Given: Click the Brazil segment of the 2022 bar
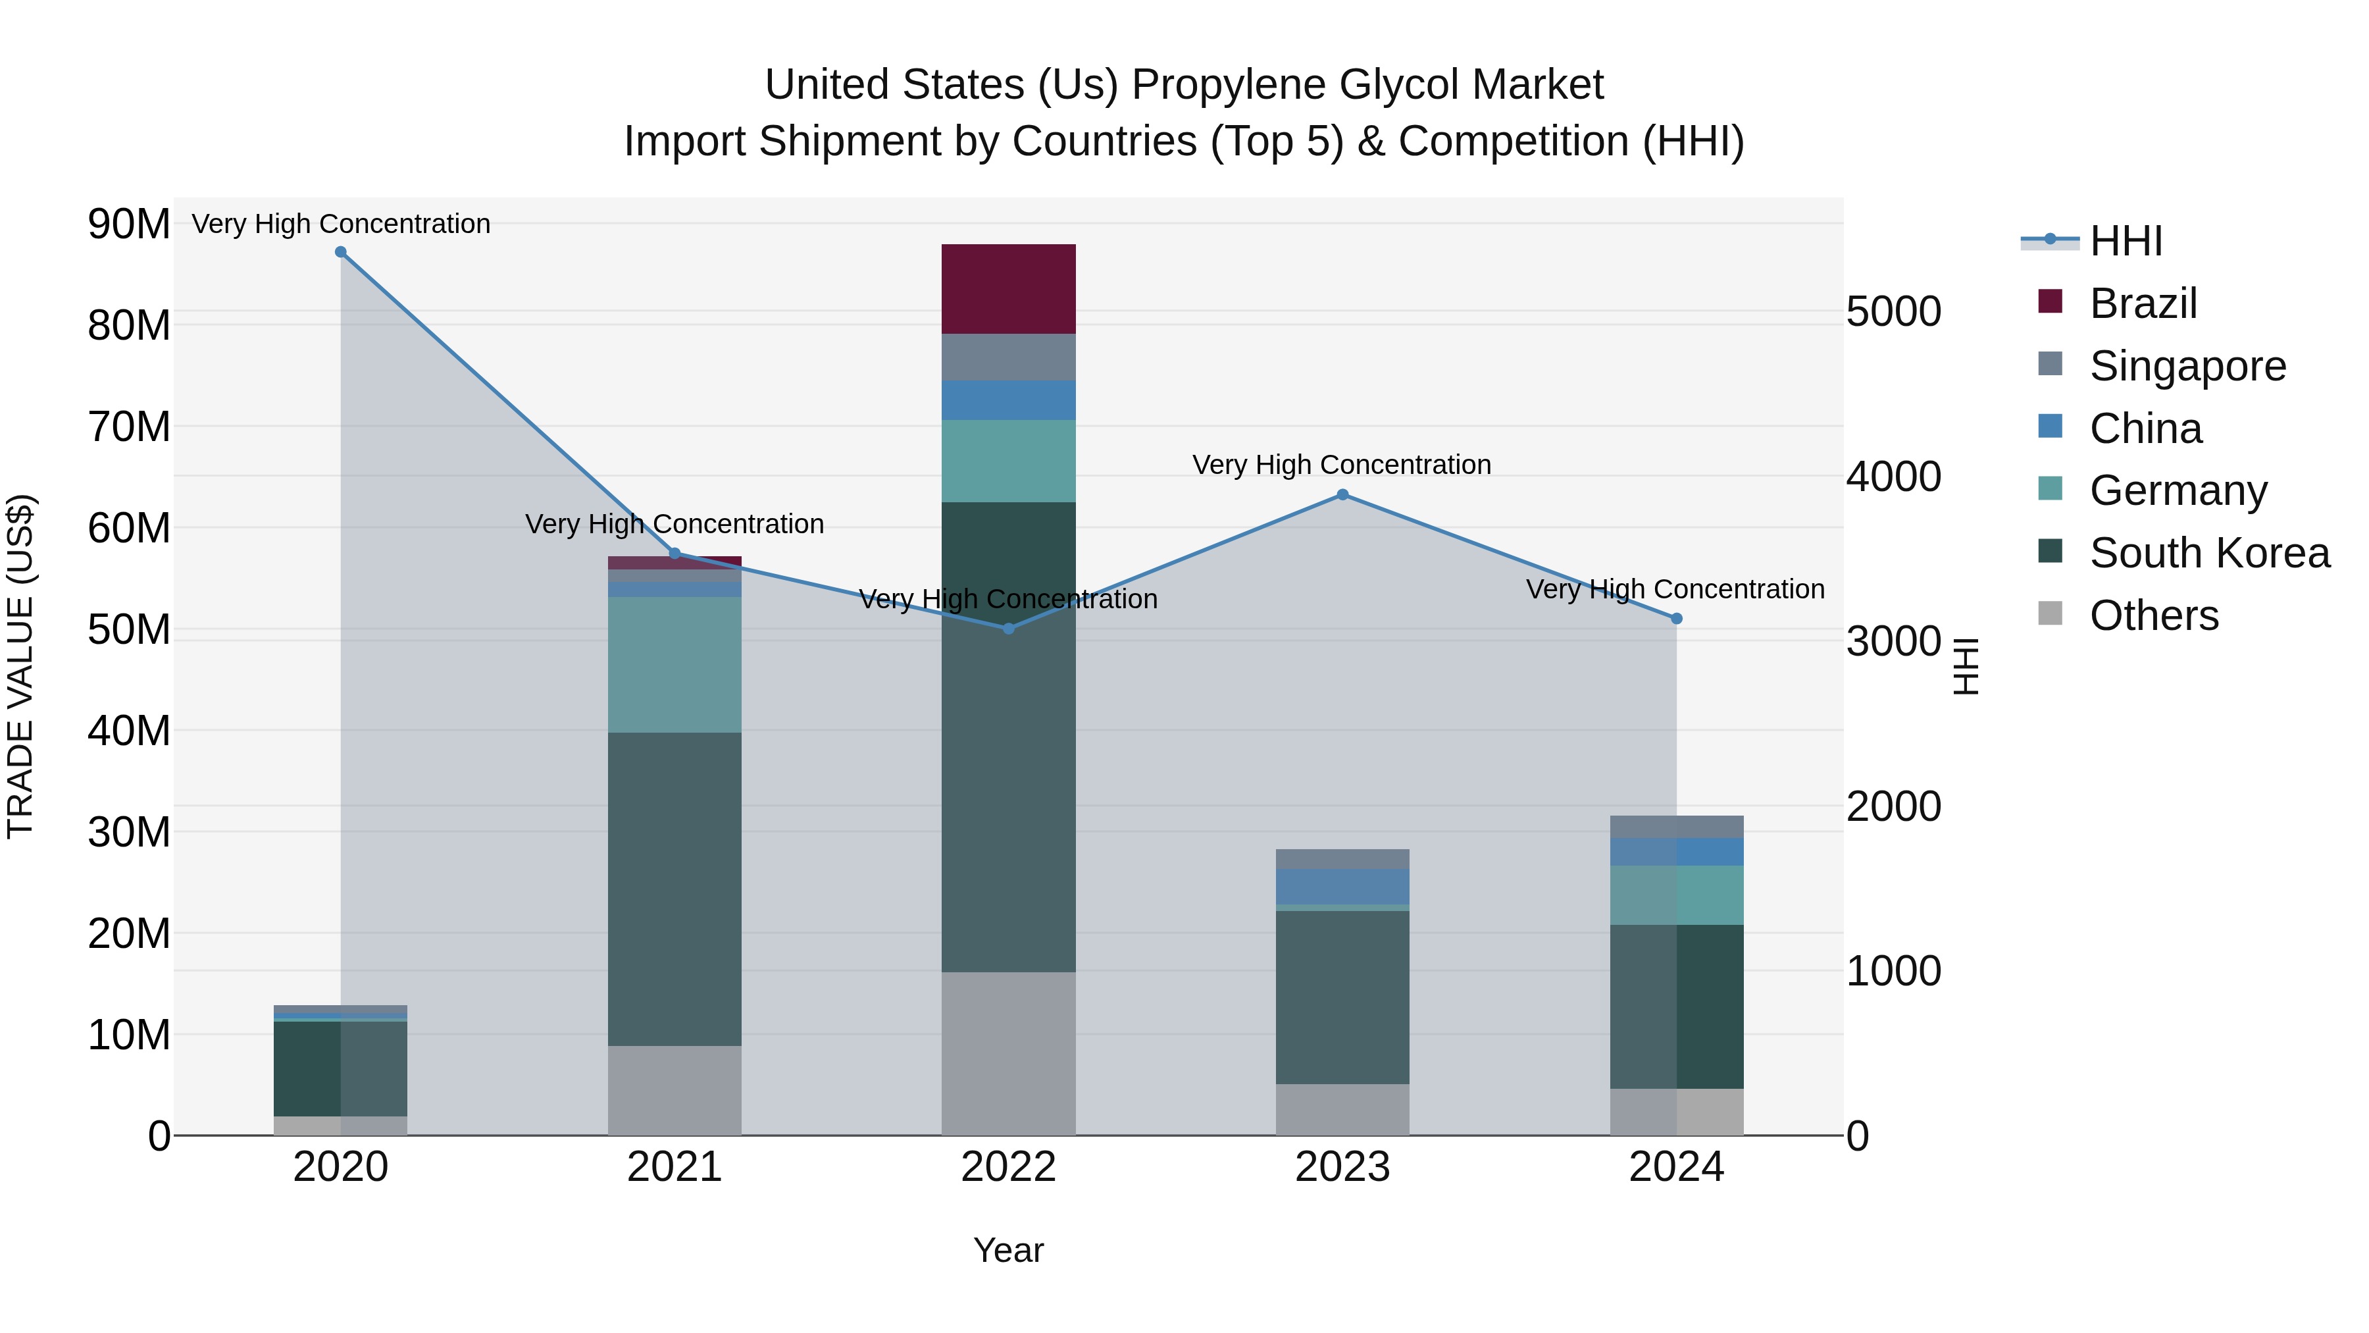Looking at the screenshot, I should pos(1008,289).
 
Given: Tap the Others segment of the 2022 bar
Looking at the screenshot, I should pos(1008,1053).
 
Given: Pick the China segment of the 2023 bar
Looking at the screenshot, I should pos(1342,886).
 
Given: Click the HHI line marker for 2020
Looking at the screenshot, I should pos(340,252).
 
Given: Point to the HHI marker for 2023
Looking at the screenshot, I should pos(1342,495).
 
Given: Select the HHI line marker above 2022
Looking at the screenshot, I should pos(1008,629).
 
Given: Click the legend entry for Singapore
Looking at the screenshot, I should pos(2187,366).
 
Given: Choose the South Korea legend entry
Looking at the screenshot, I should pos(2209,553).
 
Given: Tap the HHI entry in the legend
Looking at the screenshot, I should pos(2126,241).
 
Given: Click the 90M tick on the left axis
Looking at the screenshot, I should pos(129,224).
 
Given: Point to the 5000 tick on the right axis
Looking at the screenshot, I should pos(1893,312).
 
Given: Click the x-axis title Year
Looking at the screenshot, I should pos(1008,1250).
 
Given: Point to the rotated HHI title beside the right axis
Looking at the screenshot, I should pos(1964,666).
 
